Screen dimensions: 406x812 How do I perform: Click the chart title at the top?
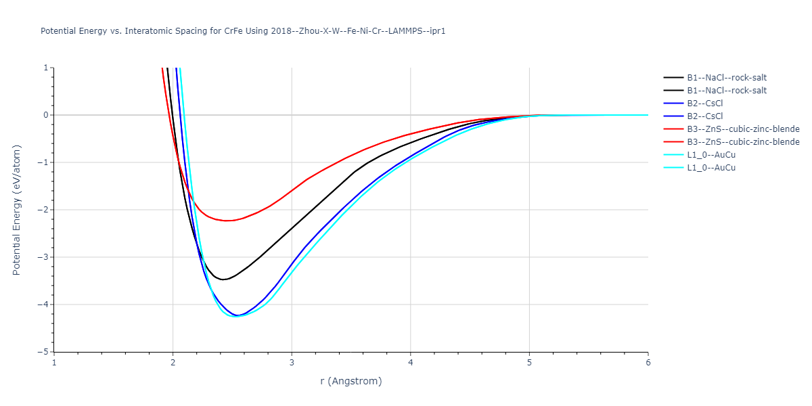[x=243, y=31]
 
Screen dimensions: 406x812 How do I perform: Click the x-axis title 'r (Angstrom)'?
[x=351, y=381]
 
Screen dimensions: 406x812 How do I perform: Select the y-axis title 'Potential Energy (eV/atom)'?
[x=17, y=210]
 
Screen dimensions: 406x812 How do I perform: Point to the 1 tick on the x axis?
[x=54, y=362]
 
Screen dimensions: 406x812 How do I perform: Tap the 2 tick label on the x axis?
[x=173, y=362]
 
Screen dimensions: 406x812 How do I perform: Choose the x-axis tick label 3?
[x=292, y=362]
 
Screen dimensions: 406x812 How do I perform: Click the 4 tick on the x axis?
[x=411, y=362]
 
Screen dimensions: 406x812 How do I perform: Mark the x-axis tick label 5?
[x=529, y=362]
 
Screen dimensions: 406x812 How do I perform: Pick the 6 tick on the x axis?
[x=648, y=362]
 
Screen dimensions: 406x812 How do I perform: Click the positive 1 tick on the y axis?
[x=47, y=68]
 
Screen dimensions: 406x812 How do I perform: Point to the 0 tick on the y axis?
[x=47, y=115]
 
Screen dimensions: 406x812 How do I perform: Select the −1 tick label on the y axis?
[x=45, y=162]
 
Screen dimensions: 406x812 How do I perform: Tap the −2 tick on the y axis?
[x=45, y=210]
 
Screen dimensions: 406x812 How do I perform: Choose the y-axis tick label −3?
[x=45, y=257]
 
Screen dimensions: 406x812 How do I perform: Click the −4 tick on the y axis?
[x=45, y=304]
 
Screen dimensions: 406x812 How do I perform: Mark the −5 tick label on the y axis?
[x=45, y=352]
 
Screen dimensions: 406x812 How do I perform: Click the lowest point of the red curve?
[x=227, y=221]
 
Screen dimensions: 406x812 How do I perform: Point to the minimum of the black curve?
[x=223, y=279]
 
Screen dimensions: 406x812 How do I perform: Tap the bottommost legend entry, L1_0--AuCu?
[x=710, y=168]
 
